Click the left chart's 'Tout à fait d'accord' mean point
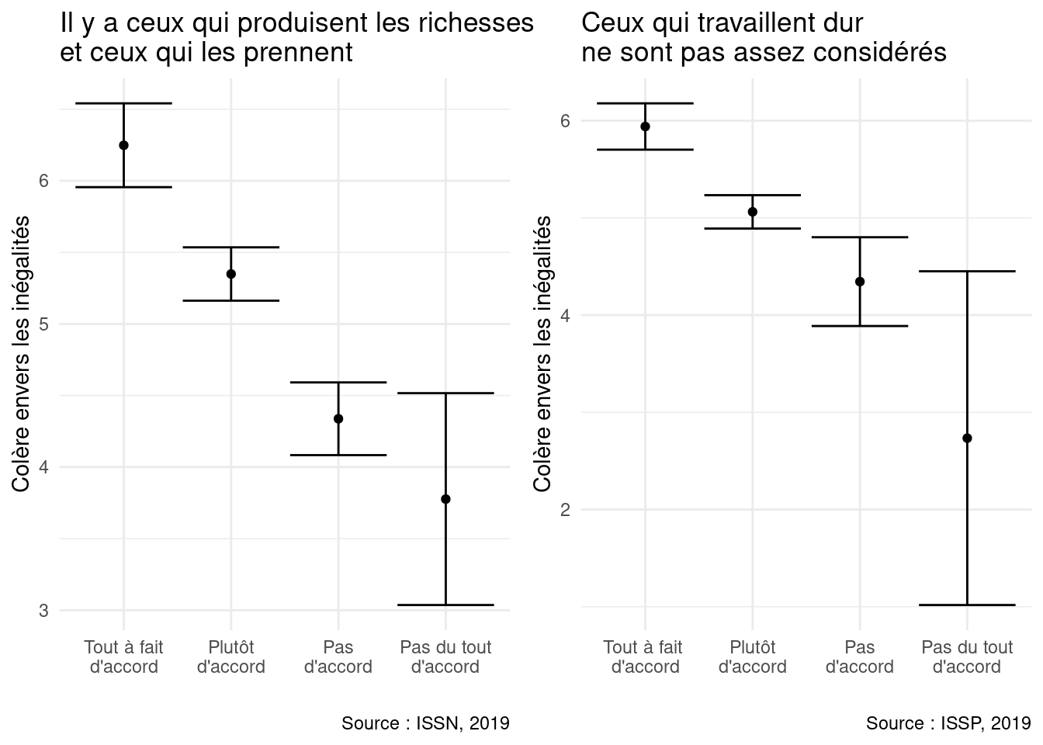tap(123, 145)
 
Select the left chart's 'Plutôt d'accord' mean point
tap(231, 274)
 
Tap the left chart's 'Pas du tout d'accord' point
tap(445, 499)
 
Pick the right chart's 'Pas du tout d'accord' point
tap(967, 438)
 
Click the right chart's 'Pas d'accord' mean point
tap(860, 282)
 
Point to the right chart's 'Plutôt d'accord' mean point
tap(753, 212)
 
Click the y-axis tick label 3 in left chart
tap(43, 611)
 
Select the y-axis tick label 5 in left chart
tap(43, 324)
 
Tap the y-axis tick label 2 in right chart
tap(565, 510)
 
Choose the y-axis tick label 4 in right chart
tap(565, 316)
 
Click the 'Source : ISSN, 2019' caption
tap(425, 723)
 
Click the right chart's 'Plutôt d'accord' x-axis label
tap(753, 657)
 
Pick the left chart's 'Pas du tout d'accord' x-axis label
tap(445, 657)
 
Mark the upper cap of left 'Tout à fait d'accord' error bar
tap(123, 103)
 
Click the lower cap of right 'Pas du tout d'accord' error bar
tap(967, 605)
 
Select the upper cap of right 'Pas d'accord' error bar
tap(860, 237)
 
